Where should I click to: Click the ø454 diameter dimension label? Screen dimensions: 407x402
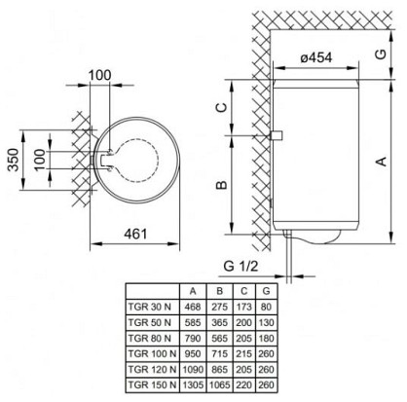pyautogui.click(x=315, y=57)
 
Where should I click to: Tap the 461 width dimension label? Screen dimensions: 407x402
pyautogui.click(x=135, y=234)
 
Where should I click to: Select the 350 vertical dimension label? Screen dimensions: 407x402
pyautogui.click(x=14, y=160)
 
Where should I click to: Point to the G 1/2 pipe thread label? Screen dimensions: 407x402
pyautogui.click(x=240, y=266)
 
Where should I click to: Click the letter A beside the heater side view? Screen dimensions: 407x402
pyautogui.click(x=382, y=162)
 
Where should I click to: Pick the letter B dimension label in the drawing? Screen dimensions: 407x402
pyautogui.click(x=222, y=185)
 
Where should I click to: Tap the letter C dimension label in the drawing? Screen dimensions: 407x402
pyautogui.click(x=222, y=107)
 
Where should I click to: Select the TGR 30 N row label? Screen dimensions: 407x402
pyautogui.click(x=150, y=307)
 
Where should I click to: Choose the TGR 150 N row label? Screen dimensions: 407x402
pyautogui.click(x=152, y=385)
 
